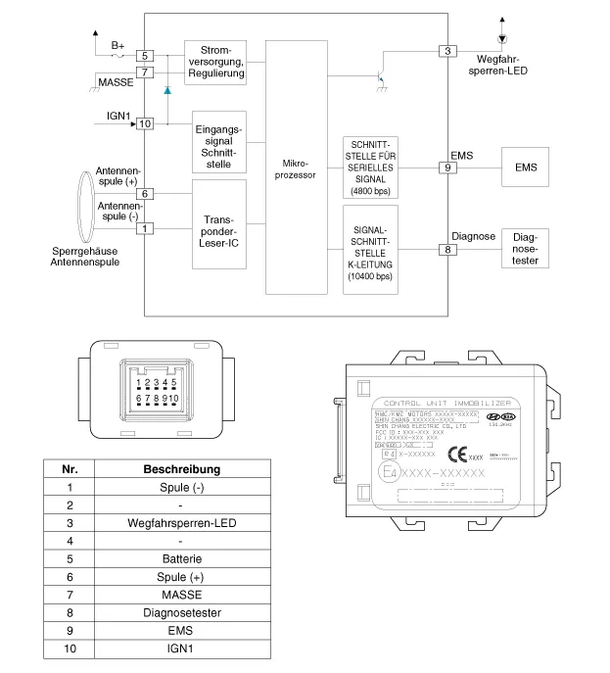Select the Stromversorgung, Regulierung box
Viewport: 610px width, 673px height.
pyautogui.click(x=214, y=62)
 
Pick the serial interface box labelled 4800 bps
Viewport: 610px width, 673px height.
pyautogui.click(x=370, y=166)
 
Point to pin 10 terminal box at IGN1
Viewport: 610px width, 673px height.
pyautogui.click(x=145, y=124)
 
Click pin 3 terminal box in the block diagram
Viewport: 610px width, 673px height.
pyautogui.click(x=448, y=51)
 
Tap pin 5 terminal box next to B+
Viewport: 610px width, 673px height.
pyautogui.click(x=144, y=57)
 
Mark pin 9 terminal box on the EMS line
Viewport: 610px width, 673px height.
pyautogui.click(x=448, y=168)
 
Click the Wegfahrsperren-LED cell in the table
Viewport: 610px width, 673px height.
pyautogui.click(x=181, y=522)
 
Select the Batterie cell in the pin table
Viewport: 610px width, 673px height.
pyautogui.click(x=181, y=558)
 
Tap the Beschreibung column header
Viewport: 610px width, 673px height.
pyautogui.click(x=181, y=468)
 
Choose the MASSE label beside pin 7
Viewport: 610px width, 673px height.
pyautogui.click(x=117, y=82)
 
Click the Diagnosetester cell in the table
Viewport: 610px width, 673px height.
pyautogui.click(x=181, y=612)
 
